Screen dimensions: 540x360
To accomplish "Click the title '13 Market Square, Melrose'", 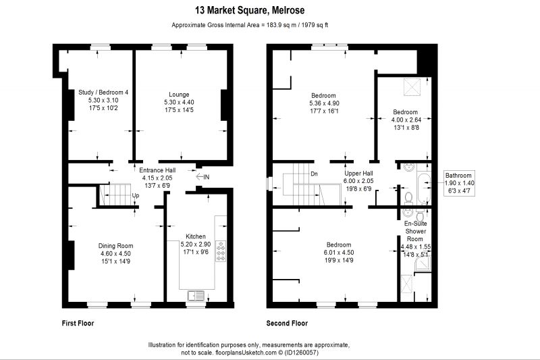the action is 250,10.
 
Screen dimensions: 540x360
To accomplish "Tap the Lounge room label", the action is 179,95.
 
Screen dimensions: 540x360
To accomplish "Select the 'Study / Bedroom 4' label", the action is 103,93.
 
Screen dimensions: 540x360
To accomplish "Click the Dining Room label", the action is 115,246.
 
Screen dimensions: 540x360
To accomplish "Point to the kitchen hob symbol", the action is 221,251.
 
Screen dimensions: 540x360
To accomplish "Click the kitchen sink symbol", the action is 196,295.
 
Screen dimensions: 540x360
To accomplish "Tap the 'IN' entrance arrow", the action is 202,177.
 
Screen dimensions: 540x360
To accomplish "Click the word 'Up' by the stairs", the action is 136,196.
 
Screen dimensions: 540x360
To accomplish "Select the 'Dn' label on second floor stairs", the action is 314,174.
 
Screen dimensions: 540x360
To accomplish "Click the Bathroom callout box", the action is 460,183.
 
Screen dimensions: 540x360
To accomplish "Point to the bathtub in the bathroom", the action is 424,189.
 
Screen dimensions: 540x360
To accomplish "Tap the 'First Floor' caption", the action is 78,323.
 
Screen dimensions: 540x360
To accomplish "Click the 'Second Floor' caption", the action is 287,323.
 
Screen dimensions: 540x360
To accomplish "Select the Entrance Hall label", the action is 157,170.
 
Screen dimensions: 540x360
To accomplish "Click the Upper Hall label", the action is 358,174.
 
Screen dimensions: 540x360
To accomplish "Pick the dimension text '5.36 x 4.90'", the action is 324,103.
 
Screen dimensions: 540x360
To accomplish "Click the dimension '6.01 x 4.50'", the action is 339,253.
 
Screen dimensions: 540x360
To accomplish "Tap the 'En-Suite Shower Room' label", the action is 415,231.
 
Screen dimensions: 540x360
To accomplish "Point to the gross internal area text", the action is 250,25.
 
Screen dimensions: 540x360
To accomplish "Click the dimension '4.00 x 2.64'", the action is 406,120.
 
